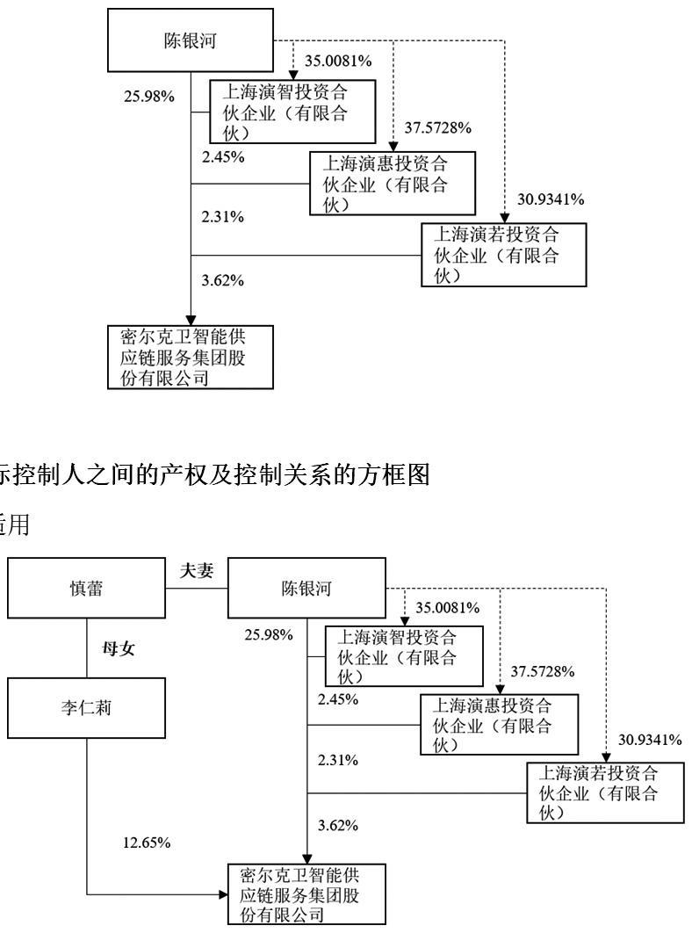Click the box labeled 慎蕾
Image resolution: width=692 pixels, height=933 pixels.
[86, 589]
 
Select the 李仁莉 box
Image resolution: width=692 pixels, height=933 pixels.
[86, 709]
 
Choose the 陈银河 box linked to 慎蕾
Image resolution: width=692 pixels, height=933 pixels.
[306, 589]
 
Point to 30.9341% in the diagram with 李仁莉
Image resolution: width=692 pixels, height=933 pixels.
[650, 740]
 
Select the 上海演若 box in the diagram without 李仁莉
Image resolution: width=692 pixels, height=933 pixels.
[502, 254]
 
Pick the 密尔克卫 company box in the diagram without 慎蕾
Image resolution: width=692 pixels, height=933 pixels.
[190, 357]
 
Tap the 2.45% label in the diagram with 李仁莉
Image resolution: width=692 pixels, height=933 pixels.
[338, 699]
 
